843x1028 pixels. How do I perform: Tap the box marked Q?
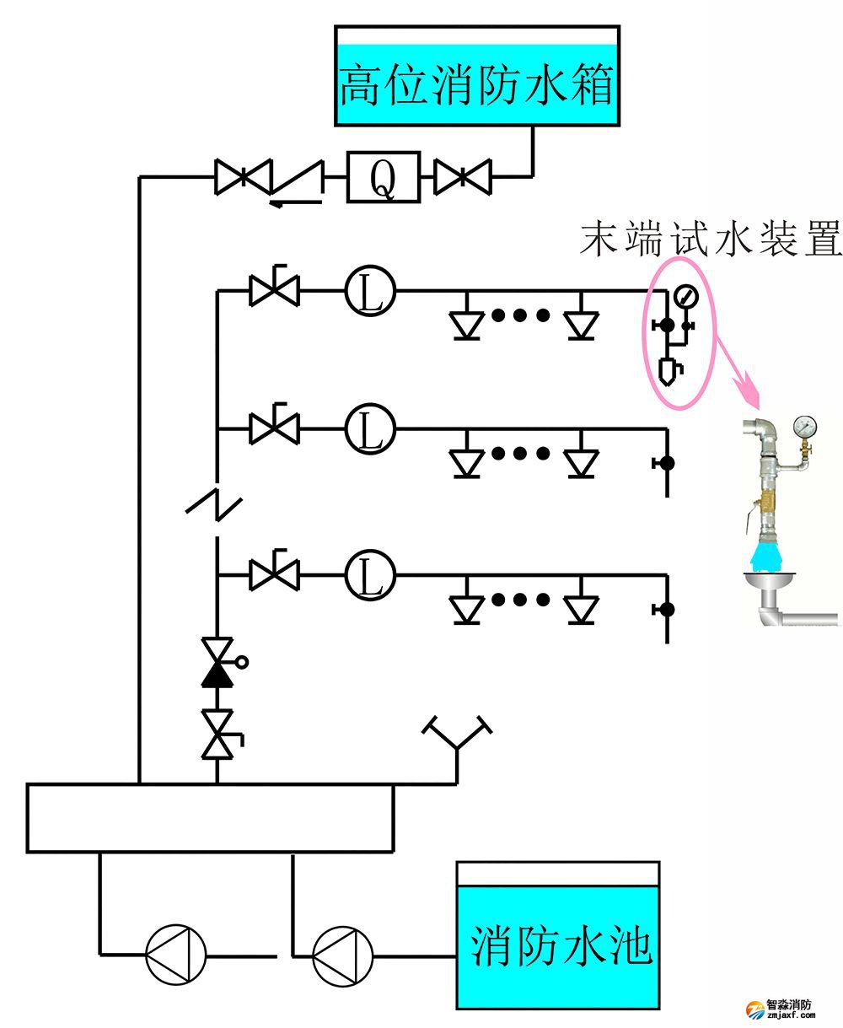click(x=383, y=177)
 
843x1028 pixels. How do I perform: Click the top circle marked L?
click(x=370, y=292)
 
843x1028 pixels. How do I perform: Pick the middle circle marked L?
click(x=370, y=429)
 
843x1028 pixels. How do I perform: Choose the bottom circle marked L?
click(x=370, y=576)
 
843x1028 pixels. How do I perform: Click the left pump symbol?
click(x=175, y=955)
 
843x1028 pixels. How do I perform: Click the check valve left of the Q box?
click(x=296, y=179)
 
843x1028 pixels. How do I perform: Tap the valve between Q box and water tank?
click(x=462, y=177)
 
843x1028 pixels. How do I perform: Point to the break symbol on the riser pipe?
click(x=214, y=503)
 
